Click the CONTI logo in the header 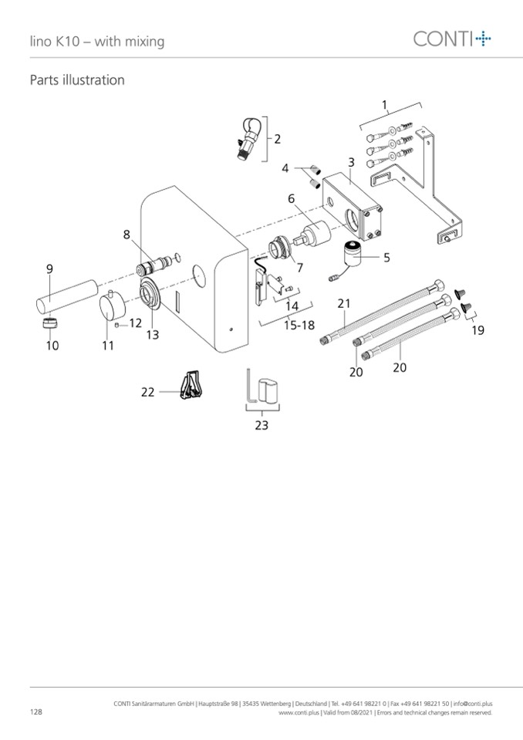[452, 39]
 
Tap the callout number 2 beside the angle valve [277, 139]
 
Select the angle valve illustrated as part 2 [248, 139]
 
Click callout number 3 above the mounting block [351, 162]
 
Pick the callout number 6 [292, 198]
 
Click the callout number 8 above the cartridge [127, 235]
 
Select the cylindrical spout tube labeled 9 [67, 296]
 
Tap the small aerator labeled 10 [50, 323]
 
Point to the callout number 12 [136, 323]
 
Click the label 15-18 [299, 325]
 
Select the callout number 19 [477, 330]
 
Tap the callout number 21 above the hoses [344, 304]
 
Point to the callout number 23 [261, 425]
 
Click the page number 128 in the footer [35, 711]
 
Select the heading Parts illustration [77, 80]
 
